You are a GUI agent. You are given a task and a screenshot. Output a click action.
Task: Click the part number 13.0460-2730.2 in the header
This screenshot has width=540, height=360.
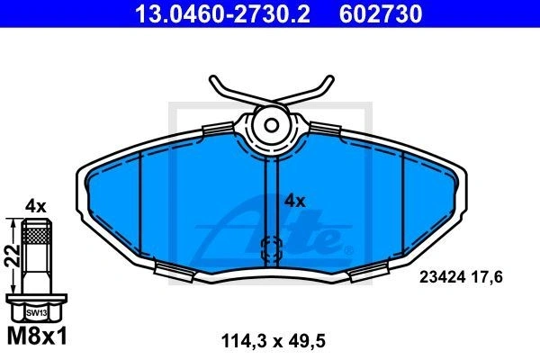(x=222, y=13)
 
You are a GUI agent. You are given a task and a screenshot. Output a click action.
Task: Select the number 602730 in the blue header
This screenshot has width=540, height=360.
(x=381, y=13)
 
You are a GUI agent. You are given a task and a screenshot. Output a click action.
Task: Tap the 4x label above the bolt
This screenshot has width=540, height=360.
(x=35, y=207)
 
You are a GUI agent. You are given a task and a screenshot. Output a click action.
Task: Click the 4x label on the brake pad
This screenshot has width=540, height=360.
(x=294, y=201)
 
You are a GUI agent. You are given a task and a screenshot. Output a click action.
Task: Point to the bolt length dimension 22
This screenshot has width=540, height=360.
(x=12, y=256)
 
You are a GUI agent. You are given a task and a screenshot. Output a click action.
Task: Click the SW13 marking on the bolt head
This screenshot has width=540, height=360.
(x=37, y=313)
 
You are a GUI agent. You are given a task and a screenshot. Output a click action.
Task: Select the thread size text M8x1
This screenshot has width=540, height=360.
(x=37, y=337)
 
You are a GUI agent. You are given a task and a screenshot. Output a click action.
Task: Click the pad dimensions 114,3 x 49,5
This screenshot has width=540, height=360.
(x=273, y=341)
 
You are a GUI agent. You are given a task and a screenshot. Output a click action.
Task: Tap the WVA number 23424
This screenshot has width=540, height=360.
(x=443, y=277)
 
